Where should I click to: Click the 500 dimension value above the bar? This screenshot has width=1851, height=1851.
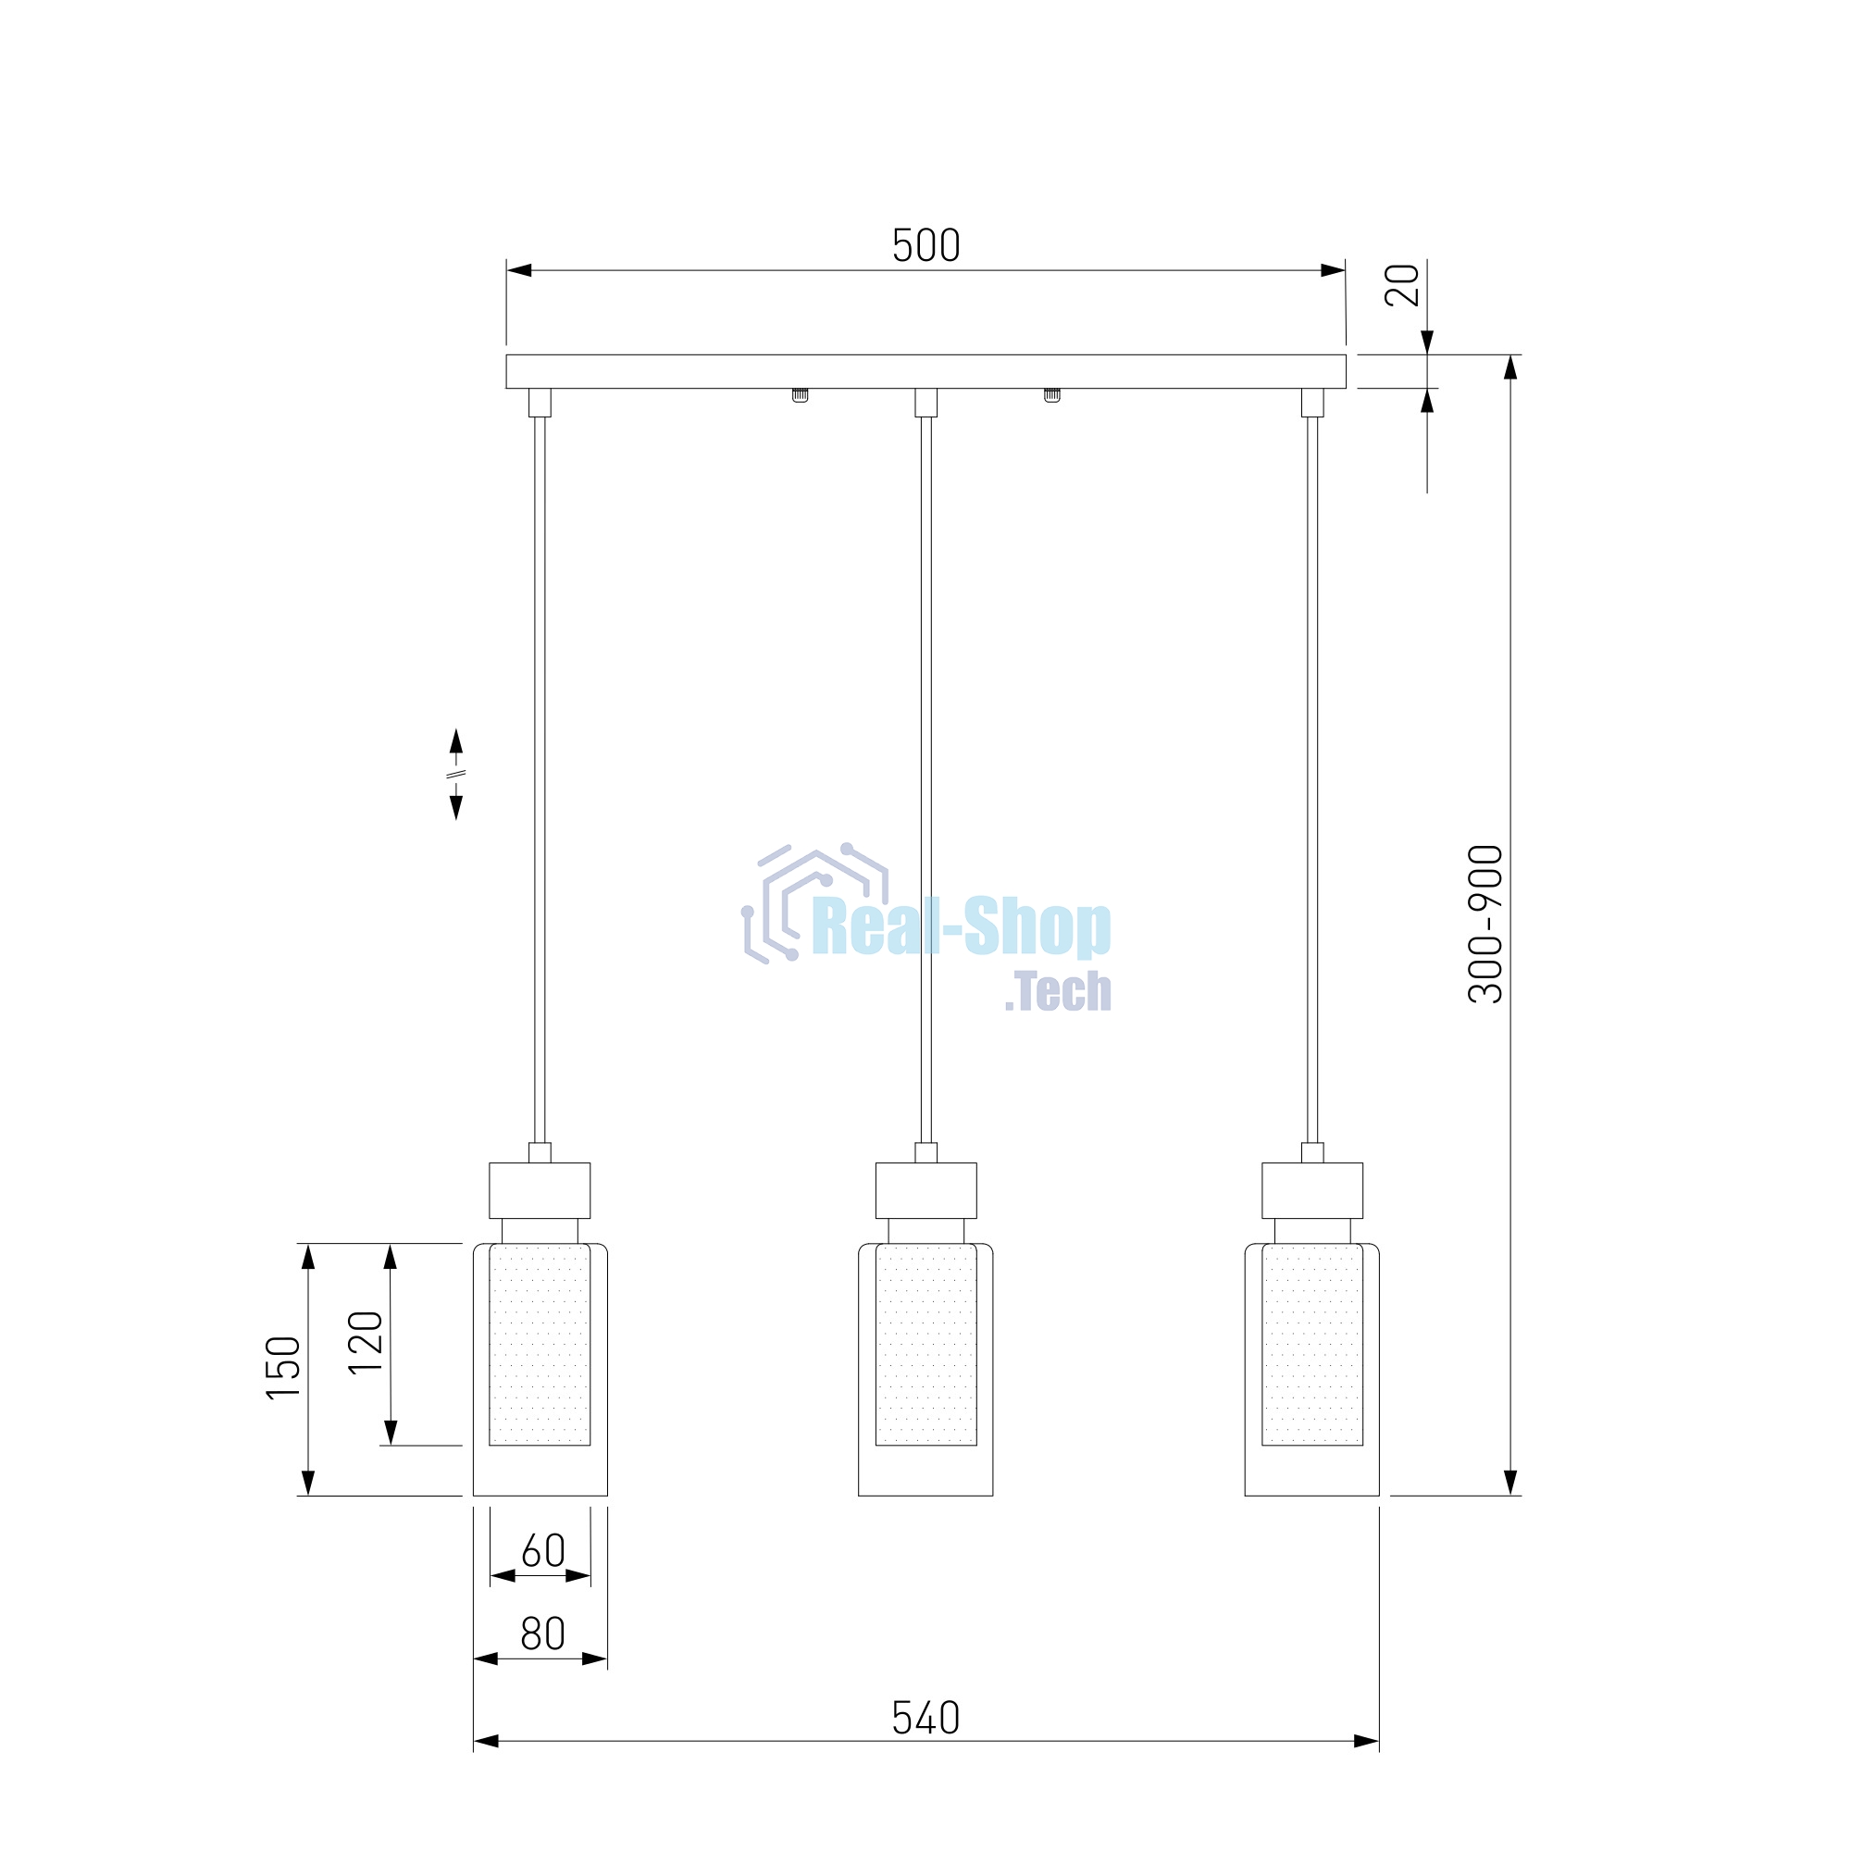coord(925,245)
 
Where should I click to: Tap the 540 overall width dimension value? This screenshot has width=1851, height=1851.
coord(925,1718)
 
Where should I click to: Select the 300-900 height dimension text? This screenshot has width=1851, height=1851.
coord(1486,924)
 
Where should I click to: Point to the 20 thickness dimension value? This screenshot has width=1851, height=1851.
coord(1403,284)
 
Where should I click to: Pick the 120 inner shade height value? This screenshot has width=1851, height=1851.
coord(365,1342)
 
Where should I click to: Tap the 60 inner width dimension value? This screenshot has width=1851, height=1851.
coord(543,1551)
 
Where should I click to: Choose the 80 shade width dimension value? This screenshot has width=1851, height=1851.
coord(543,1634)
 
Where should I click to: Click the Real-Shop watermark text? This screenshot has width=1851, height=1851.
coord(962,926)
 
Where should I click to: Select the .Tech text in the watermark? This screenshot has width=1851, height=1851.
coord(1058,991)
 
